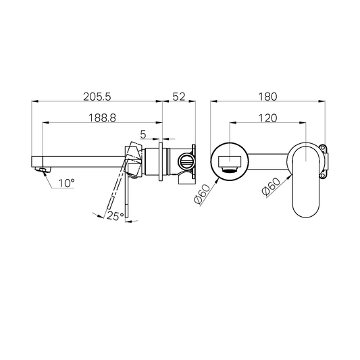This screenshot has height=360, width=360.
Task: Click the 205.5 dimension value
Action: (x=98, y=96)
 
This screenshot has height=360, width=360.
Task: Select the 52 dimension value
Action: (x=179, y=96)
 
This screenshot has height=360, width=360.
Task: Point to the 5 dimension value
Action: (x=143, y=134)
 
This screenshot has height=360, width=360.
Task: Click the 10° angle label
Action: (x=66, y=182)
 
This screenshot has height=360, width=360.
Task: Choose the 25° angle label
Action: (x=114, y=215)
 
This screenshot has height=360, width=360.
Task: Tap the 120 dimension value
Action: (x=268, y=117)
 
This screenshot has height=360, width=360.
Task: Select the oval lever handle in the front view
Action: (x=309, y=181)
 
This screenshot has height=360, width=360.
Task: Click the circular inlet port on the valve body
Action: (x=185, y=162)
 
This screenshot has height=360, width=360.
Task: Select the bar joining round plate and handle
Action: (x=270, y=162)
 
